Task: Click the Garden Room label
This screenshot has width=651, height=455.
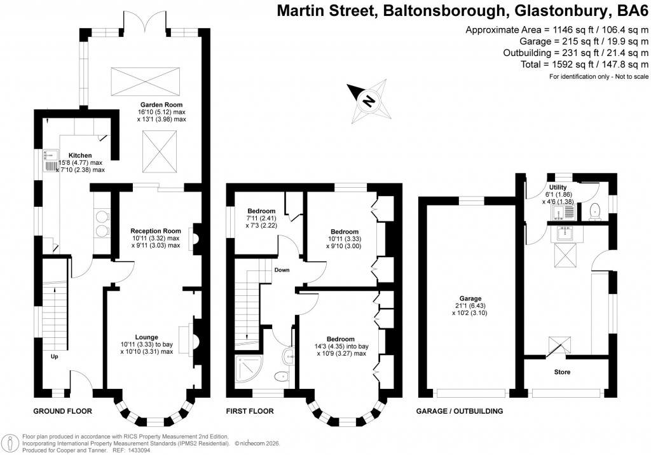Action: click(161, 104)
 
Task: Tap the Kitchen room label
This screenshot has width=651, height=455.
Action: click(80, 155)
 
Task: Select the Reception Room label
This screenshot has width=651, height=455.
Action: click(156, 231)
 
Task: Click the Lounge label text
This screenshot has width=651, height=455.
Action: click(146, 337)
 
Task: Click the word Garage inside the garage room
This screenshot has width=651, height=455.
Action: click(470, 298)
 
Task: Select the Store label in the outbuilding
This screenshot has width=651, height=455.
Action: click(562, 372)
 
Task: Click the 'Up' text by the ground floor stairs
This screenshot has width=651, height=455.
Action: click(55, 357)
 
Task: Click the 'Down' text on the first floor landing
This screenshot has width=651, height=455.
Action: click(282, 270)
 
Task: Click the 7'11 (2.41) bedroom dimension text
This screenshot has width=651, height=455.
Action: click(261, 219)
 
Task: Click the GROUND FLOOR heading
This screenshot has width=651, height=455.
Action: click(62, 412)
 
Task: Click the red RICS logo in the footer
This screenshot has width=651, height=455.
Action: click(11, 442)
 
